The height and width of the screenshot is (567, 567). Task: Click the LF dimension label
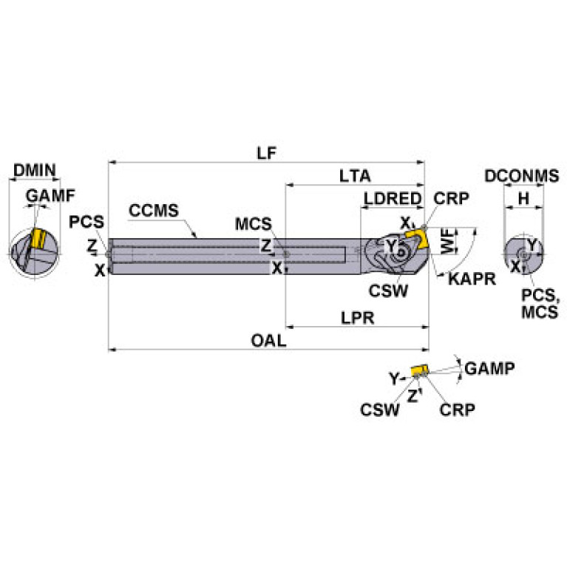point(267,152)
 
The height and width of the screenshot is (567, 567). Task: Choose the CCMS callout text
point(154,210)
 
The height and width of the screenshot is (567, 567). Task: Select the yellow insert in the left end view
point(37,240)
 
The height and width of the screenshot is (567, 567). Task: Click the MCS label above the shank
point(254,223)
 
